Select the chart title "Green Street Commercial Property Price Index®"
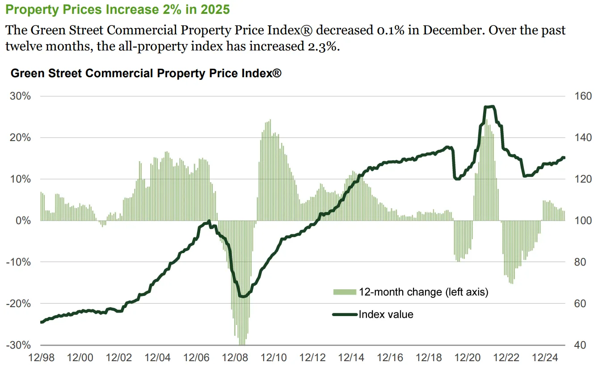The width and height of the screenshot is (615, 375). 146,73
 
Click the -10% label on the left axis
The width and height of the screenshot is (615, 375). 18,262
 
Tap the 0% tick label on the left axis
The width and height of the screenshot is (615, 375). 23,221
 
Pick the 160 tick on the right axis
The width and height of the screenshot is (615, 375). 583,96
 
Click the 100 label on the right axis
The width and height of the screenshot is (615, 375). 583,221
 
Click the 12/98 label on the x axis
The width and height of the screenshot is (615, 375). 42,358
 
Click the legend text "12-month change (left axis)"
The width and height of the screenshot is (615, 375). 423,292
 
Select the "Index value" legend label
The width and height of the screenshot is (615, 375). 386,314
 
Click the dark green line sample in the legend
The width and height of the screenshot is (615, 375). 345,314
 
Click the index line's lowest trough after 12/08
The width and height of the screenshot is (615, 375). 243,296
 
